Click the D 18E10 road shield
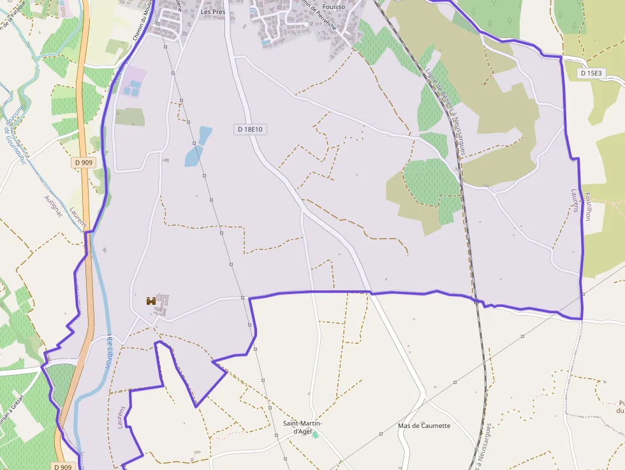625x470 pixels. [250, 129]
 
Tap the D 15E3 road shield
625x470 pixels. [591, 73]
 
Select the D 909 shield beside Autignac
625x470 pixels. [83, 163]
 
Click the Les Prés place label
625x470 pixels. [214, 11]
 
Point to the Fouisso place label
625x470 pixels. [334, 7]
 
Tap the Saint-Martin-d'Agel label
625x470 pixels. [303, 427]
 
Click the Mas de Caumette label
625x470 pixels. [423, 425]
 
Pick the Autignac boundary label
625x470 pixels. [53, 207]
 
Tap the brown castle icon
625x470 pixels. [151, 301]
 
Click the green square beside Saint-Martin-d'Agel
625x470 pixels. [315, 435]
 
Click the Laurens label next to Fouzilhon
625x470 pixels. [575, 205]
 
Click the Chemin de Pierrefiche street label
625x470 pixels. [317, 16]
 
